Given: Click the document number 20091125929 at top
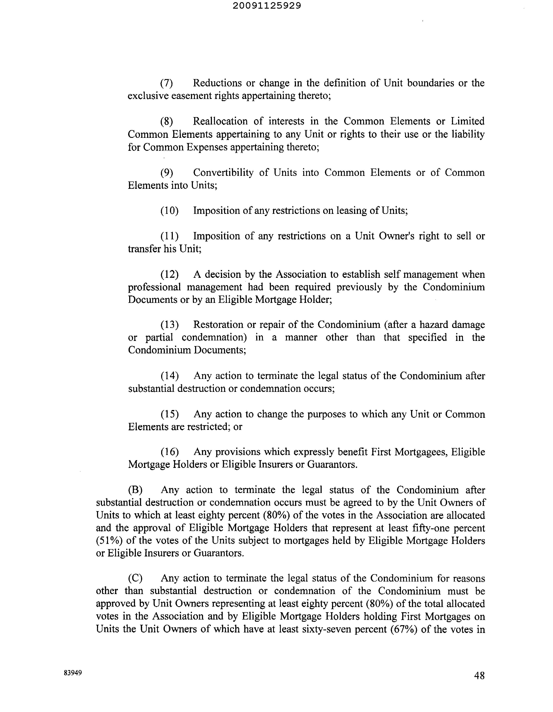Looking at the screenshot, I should click(267, 6).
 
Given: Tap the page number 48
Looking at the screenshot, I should click(479, 676).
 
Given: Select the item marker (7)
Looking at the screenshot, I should click(166, 83).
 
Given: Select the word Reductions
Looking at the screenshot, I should click(217, 83).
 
